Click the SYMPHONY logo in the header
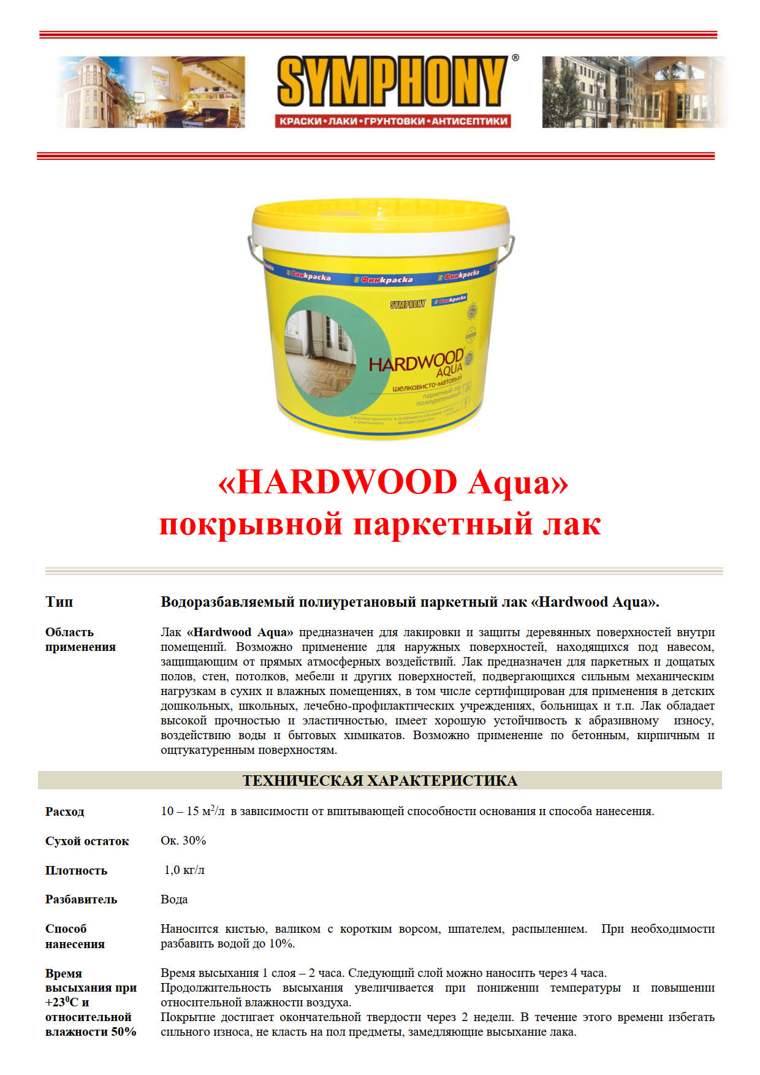point(392,82)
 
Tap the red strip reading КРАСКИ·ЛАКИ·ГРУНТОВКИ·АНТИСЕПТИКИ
point(393,121)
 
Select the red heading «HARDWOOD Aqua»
point(393,482)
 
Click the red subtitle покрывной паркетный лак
point(380,525)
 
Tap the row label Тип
point(59,602)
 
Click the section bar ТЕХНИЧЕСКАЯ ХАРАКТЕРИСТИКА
point(380,780)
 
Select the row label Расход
point(64,811)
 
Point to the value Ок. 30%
point(183,840)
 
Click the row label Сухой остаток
point(87,841)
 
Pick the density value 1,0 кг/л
point(184,870)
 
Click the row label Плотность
point(76,870)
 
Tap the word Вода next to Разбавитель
point(174,899)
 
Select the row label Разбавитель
point(81,899)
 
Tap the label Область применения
point(80,639)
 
